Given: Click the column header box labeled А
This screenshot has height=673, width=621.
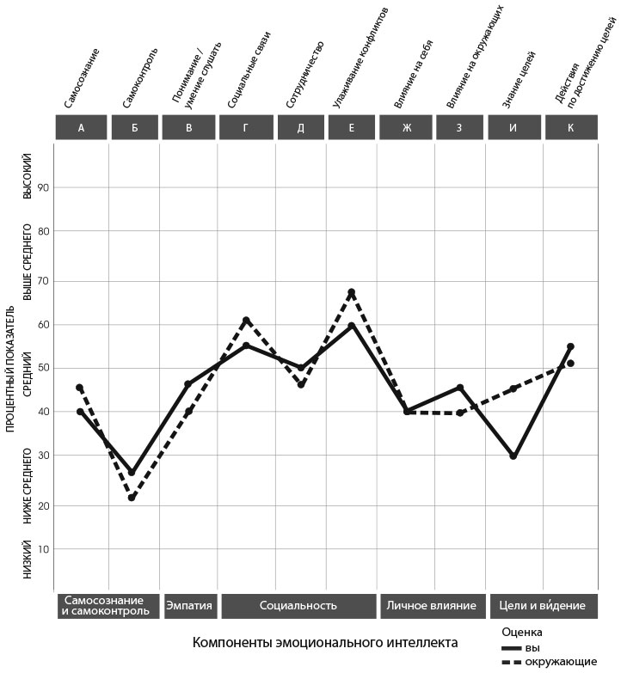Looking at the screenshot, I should (x=81, y=127).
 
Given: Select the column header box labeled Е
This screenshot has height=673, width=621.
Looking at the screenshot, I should (x=352, y=127).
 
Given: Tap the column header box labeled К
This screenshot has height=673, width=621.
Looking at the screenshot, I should (x=570, y=127).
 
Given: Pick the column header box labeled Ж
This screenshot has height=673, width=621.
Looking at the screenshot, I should (x=406, y=127).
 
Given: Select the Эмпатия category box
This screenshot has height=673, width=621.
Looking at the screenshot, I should (x=188, y=605).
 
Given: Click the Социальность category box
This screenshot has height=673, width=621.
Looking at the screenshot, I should (x=298, y=605).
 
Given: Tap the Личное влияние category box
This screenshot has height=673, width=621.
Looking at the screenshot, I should (x=431, y=605).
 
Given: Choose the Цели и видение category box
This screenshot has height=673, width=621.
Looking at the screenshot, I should (x=543, y=605).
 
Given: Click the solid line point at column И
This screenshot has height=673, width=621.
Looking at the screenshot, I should (x=513, y=456).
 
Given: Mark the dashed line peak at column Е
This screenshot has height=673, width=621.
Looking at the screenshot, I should (x=351, y=292).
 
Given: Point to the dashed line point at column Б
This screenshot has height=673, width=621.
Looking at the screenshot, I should (x=132, y=498).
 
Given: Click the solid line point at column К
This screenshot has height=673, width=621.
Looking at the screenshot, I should (x=570, y=346).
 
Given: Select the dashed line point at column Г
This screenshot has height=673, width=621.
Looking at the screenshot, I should (x=246, y=320).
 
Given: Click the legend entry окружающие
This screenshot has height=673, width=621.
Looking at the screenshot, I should (x=560, y=661).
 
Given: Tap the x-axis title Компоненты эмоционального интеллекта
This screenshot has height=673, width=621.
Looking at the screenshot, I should (x=325, y=643).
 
